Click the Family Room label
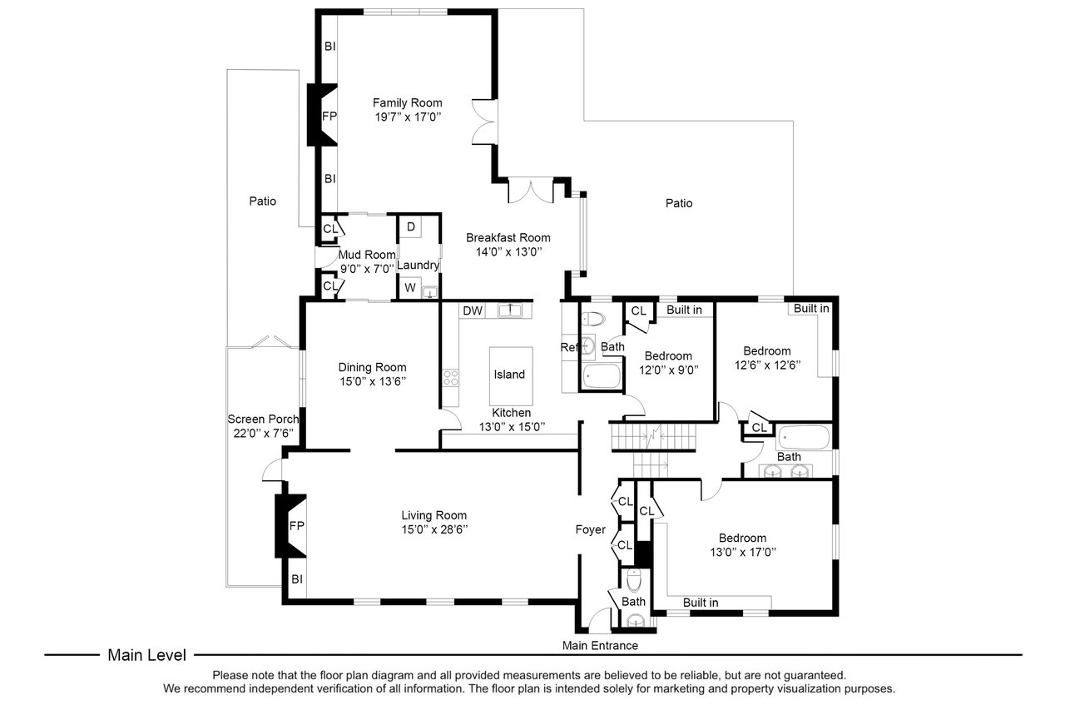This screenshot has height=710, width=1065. (x=407, y=102)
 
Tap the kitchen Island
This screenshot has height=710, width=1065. (x=511, y=376)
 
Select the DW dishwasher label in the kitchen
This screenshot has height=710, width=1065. (x=473, y=311)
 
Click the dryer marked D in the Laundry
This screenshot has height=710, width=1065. (x=410, y=227)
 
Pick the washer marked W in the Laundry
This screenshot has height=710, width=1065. (x=410, y=287)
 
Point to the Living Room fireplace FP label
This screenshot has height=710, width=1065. (x=297, y=525)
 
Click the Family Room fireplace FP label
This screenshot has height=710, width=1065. (x=329, y=116)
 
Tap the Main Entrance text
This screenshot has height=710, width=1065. (x=600, y=645)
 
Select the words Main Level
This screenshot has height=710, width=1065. (x=147, y=655)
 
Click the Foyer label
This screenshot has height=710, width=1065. (x=590, y=529)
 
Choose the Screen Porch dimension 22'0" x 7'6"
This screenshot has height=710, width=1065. (x=263, y=433)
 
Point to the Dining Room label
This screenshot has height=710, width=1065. (x=372, y=367)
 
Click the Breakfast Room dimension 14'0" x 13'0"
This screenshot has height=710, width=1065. (x=508, y=251)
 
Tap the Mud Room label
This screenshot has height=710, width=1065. (x=367, y=255)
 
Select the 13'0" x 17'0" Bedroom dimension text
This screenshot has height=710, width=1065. (x=743, y=552)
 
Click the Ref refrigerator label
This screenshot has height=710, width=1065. (x=569, y=347)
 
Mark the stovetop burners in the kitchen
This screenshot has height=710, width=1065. (x=451, y=378)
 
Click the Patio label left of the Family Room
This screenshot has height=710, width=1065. (x=262, y=201)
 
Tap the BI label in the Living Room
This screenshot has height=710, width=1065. (x=297, y=579)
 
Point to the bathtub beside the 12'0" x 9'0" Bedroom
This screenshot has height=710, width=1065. (x=602, y=376)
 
